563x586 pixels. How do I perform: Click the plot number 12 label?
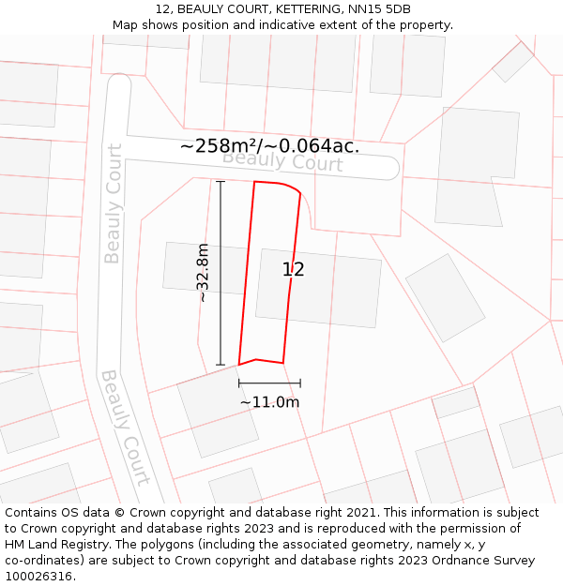click(293, 270)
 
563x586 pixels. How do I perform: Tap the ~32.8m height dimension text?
click(203, 273)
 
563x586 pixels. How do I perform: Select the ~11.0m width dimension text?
click(269, 402)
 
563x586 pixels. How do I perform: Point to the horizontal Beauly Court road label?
click(282, 161)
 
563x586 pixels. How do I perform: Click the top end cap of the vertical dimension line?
click(221, 182)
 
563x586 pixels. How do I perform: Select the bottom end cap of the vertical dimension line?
click(221, 365)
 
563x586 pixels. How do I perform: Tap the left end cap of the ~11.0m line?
click(239, 383)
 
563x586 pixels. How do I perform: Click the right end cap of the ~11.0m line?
click(300, 383)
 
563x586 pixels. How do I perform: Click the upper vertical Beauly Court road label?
click(114, 203)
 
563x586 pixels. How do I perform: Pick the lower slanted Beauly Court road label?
click(125, 428)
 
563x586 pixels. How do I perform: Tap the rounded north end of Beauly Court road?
click(118, 84)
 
